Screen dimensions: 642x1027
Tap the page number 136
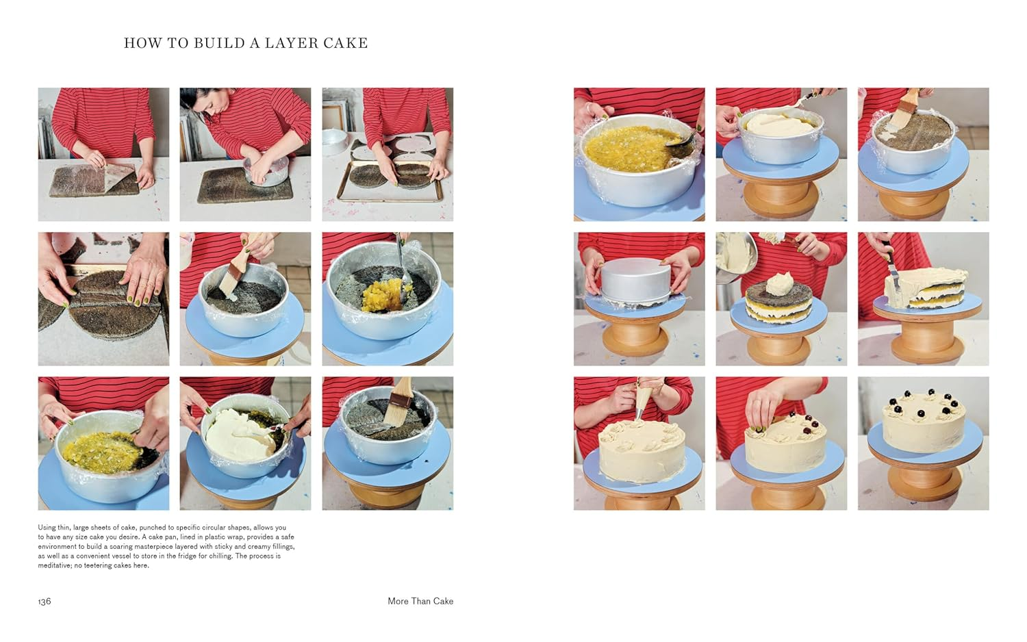tap(45, 601)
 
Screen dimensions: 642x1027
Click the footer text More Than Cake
tap(420, 601)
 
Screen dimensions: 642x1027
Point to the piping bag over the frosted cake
tap(642, 400)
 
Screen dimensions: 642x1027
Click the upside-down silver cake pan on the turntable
tap(635, 278)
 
